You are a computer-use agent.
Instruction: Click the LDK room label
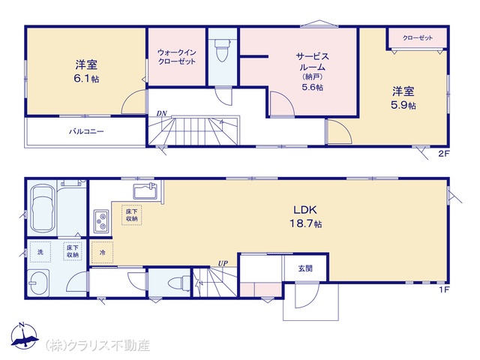pos(305,210)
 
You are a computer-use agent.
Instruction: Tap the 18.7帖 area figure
pos(306,223)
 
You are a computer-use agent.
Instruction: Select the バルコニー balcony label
pos(86,132)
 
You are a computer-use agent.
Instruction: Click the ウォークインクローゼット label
pos(177,57)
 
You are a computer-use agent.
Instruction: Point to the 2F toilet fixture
pos(223,50)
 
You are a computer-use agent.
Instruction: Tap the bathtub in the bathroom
pos(43,208)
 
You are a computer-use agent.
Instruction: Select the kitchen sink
pos(145,190)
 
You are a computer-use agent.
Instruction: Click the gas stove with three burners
pos(101,221)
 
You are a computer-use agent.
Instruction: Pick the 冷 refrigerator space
pos(103,253)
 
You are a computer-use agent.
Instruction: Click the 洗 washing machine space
pos(40,252)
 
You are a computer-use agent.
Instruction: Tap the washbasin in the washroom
pos(38,283)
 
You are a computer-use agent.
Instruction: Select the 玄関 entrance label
pos(305,268)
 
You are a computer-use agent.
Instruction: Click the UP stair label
pos(223,263)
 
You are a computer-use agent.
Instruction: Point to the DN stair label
pos(162,113)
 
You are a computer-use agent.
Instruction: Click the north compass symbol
pos(24,336)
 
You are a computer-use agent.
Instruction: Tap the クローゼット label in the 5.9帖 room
pos(418,38)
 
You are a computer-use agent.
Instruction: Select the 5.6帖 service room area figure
pos(312,88)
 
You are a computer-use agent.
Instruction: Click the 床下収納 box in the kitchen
pos(132,215)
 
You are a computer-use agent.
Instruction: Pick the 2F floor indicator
pos(443,154)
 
